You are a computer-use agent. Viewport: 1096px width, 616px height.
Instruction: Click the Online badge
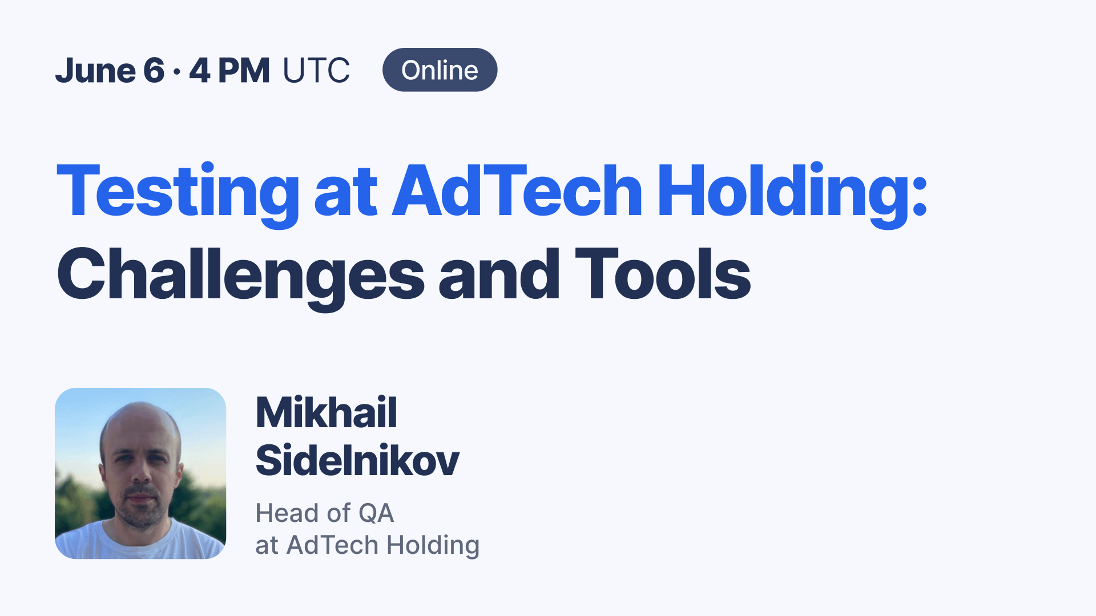[x=440, y=70]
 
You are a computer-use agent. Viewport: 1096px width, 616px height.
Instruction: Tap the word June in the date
[x=95, y=71]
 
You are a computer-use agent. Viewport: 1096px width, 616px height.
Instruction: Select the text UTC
[x=316, y=71]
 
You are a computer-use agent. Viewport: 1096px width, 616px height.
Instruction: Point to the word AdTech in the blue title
[x=517, y=191]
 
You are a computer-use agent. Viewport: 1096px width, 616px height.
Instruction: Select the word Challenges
[x=240, y=275]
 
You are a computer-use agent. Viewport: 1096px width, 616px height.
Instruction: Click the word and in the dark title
[x=499, y=275]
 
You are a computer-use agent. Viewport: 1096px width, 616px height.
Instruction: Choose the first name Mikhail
[x=326, y=412]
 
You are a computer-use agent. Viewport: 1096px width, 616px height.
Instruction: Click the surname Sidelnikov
[x=357, y=460]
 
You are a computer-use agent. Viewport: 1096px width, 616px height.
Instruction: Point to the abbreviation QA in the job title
[x=376, y=513]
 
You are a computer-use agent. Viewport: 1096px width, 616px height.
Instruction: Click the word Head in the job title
[x=287, y=513]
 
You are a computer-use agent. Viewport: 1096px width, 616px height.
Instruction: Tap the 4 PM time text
[x=229, y=71]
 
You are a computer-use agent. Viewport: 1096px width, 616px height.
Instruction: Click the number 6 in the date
[x=154, y=71]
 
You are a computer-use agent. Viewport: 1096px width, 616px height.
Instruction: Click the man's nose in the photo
[x=140, y=471]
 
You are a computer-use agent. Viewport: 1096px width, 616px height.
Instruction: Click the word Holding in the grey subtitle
[x=433, y=546]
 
